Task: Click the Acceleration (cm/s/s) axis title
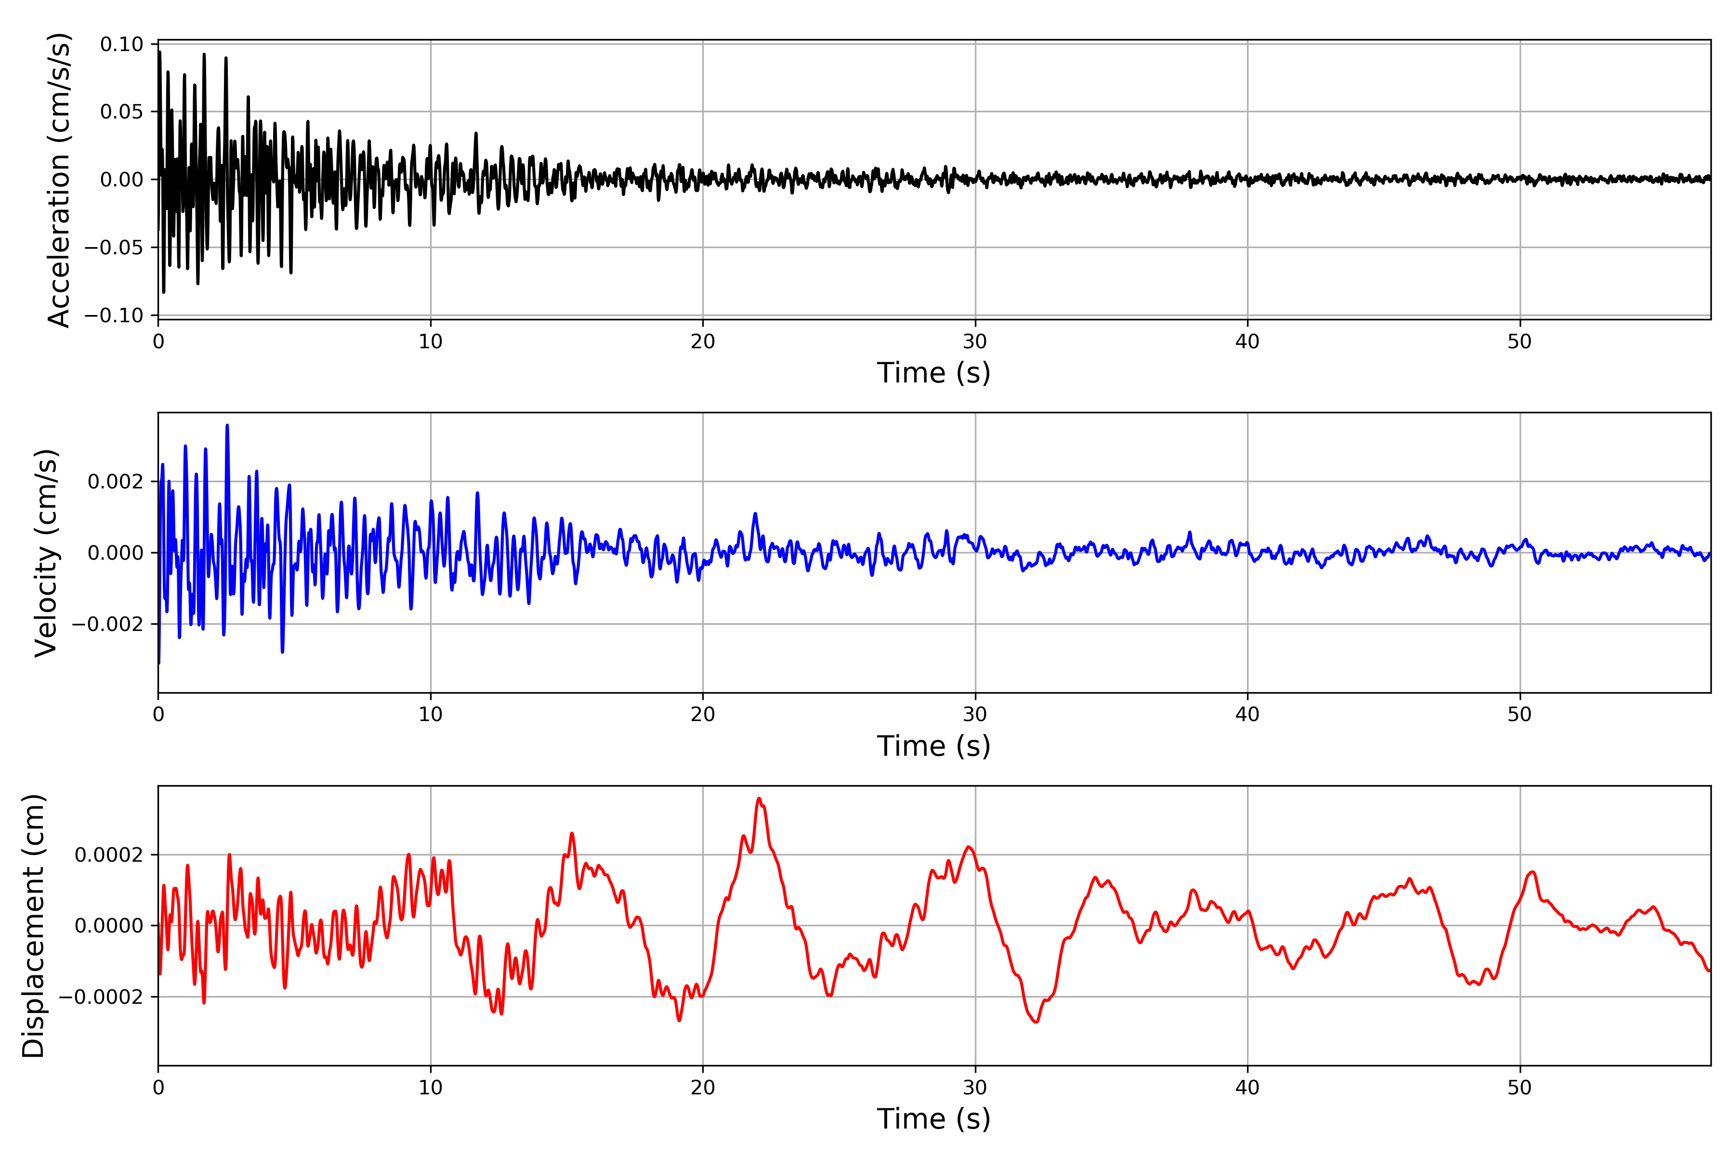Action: point(59,180)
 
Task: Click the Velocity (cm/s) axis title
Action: point(46,553)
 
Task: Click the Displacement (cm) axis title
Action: point(34,926)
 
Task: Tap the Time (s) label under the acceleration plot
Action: point(933,373)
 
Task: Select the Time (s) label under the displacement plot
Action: point(933,1119)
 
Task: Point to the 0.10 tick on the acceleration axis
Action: point(122,44)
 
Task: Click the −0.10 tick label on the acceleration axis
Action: point(114,315)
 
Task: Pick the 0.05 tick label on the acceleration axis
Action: point(122,112)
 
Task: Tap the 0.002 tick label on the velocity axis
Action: point(115,482)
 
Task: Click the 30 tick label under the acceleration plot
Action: point(974,342)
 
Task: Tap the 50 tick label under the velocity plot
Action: point(1520,714)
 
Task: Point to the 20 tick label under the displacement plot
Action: point(703,1088)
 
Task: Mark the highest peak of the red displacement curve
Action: point(760,799)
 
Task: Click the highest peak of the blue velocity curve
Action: point(227,425)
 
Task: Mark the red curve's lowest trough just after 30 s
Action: point(1036,1022)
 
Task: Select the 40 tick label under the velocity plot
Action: point(1248,714)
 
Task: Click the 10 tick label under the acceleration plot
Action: point(431,342)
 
